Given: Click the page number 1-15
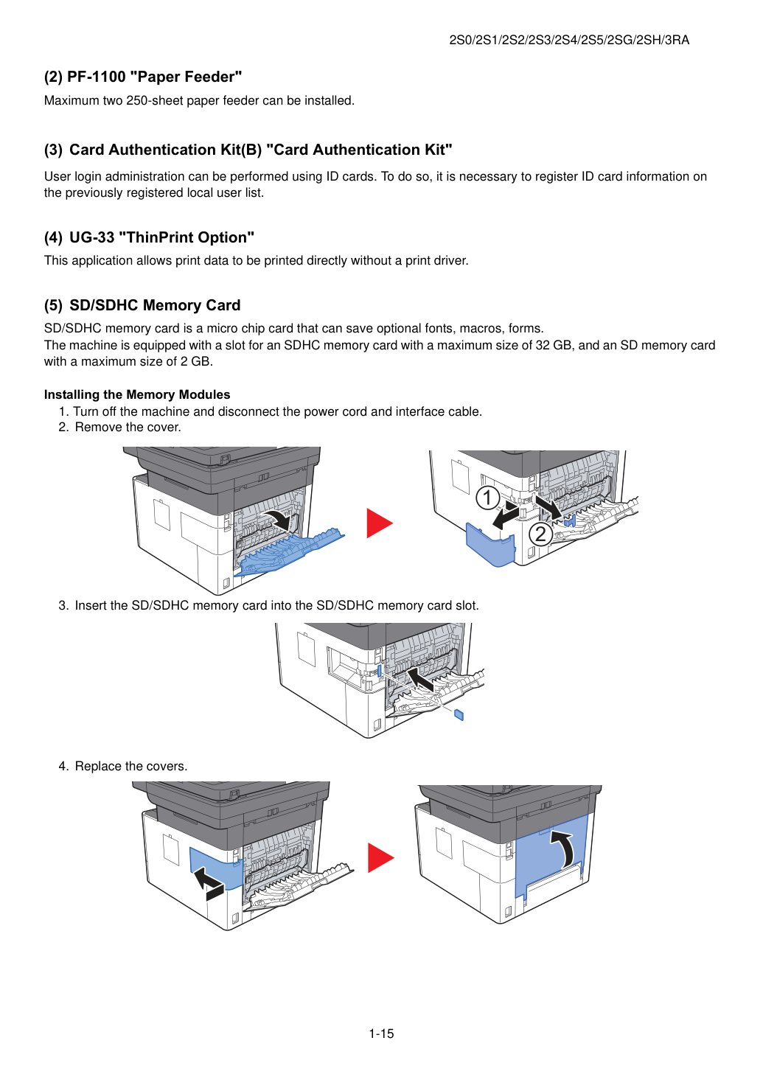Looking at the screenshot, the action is click(381, 1034).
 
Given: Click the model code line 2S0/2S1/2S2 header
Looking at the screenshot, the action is click(569, 40).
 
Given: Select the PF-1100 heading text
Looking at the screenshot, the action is click(143, 77).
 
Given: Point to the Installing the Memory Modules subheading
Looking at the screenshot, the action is click(137, 394).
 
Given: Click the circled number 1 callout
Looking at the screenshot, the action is click(487, 498).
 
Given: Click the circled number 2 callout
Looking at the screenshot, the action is click(541, 534).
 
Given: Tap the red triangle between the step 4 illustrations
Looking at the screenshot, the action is click(380, 858).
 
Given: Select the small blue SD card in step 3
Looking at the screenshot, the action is click(459, 715).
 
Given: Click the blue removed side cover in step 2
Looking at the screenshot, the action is click(490, 544).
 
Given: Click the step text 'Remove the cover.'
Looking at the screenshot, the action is click(128, 427).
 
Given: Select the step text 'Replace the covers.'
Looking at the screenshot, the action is click(131, 766).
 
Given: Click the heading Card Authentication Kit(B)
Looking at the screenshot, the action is click(165, 150).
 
